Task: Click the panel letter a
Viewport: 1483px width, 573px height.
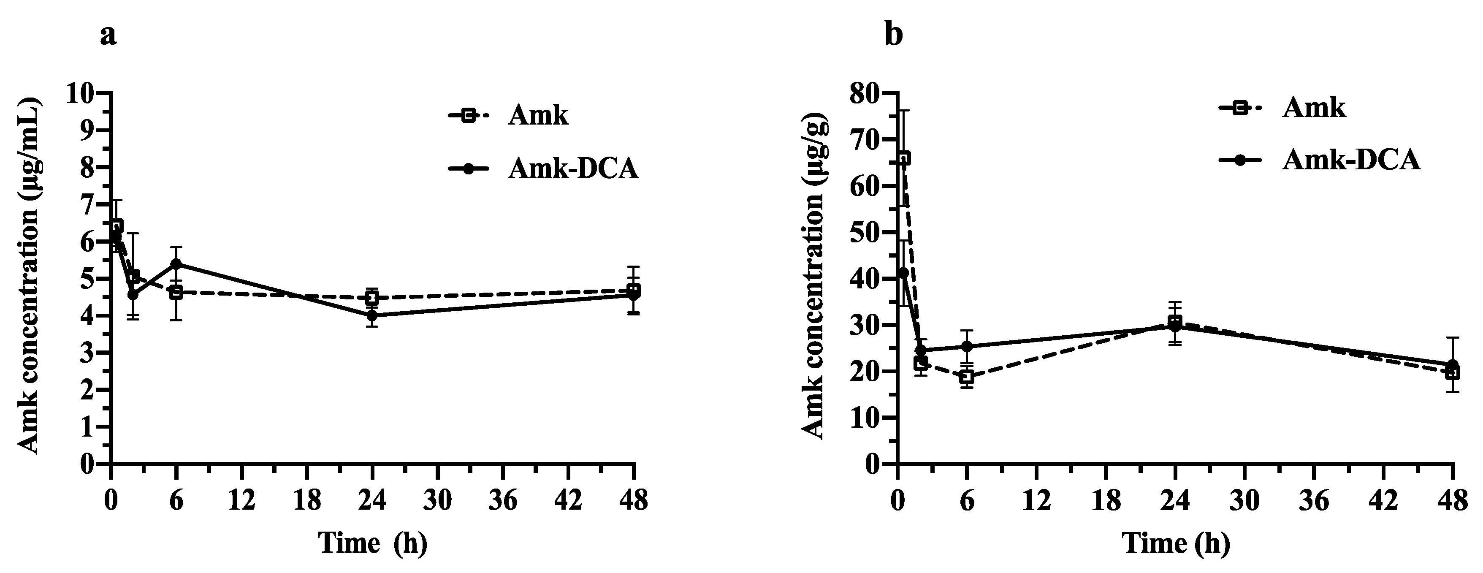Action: click(x=108, y=36)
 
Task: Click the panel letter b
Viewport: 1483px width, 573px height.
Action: click(x=894, y=36)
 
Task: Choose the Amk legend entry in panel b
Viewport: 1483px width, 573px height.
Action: click(x=1314, y=107)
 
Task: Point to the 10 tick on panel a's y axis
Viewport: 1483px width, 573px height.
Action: click(x=80, y=93)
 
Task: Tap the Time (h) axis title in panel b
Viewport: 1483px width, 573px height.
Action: click(x=1176, y=543)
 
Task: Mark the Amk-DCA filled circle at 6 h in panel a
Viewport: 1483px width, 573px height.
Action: click(x=176, y=264)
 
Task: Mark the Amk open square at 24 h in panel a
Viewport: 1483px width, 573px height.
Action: click(x=372, y=298)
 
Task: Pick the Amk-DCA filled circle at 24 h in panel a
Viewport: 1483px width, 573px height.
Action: click(x=372, y=315)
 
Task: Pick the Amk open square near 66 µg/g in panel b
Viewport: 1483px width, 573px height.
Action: click(x=904, y=158)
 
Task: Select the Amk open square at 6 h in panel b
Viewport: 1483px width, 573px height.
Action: click(x=967, y=377)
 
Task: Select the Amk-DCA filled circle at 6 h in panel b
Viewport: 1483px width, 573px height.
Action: click(x=967, y=347)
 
